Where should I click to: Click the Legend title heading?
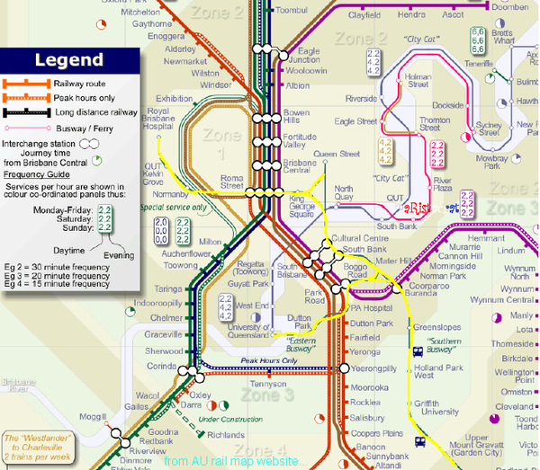pos(69,61)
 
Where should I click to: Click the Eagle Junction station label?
pos(308,56)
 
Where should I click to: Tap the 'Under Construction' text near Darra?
pos(226,420)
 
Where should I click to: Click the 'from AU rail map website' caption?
pos(229,460)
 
